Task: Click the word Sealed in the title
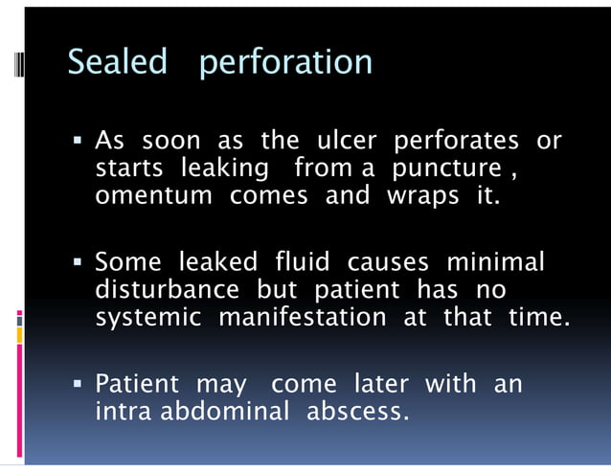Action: tap(117, 62)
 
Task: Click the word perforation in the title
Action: tap(285, 64)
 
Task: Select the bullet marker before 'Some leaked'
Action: tap(77, 262)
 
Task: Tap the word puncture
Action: tap(447, 169)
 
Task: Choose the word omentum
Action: tap(154, 196)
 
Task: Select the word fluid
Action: tap(303, 261)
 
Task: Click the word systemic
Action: tap(148, 317)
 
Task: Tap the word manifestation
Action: tap(303, 316)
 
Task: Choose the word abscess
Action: tap(357, 412)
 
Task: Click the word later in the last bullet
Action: tap(381, 385)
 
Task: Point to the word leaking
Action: tap(224, 169)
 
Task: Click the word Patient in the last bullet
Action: tap(137, 385)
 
